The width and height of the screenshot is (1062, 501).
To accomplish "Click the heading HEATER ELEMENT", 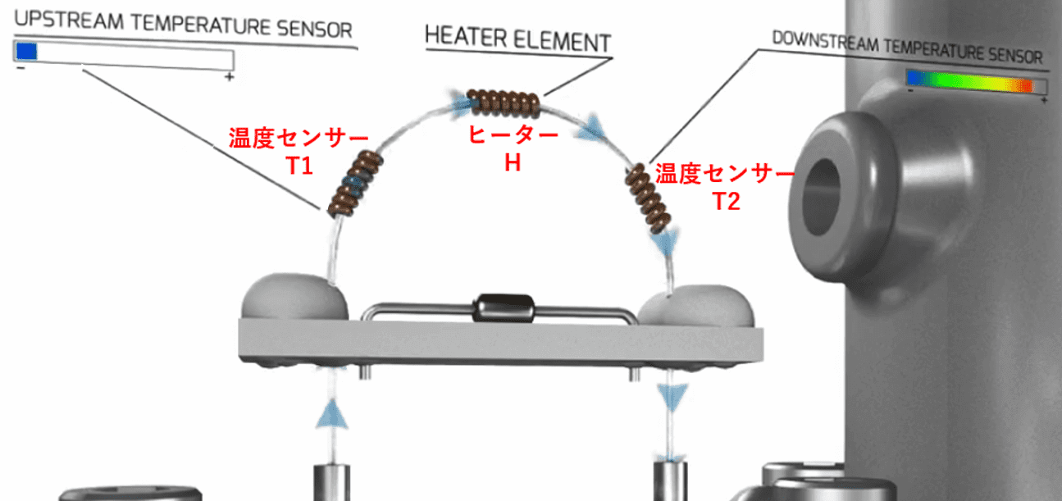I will coord(517,40).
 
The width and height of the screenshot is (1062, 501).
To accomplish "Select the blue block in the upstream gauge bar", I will coord(26,51).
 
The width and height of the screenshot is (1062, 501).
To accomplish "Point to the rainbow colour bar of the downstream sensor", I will coord(976,81).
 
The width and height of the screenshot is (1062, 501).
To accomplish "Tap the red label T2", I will coord(725,200).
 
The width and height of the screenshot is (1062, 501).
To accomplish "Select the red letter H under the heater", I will coord(513,162).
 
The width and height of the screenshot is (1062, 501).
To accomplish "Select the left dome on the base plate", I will coord(294,299).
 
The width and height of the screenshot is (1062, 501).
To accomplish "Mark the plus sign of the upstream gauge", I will coord(230,76).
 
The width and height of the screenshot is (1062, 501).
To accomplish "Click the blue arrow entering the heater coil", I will coord(457,101).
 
